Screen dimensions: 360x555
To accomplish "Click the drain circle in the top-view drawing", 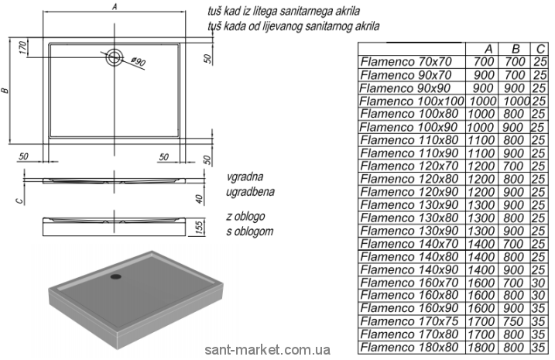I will (115, 55).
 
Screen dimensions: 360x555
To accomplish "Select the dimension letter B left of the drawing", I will (6, 91).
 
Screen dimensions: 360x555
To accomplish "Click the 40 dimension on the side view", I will (199, 198).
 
